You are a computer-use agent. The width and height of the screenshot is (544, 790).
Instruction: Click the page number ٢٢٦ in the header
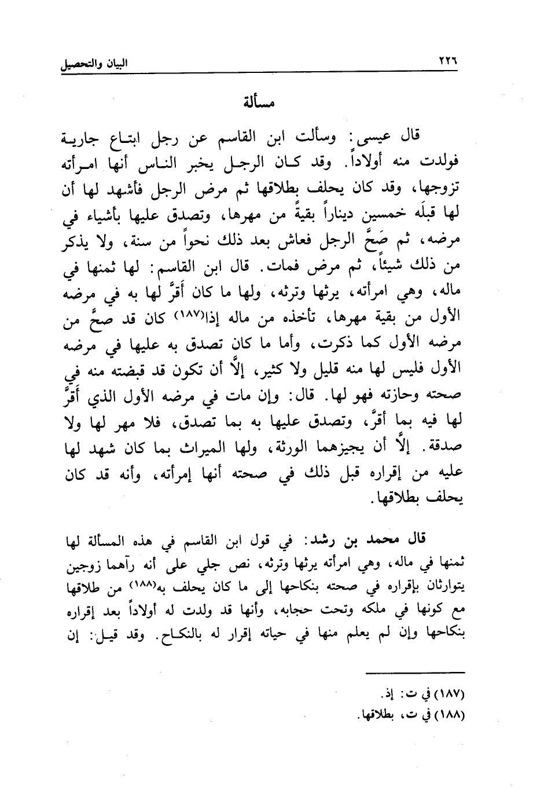444,62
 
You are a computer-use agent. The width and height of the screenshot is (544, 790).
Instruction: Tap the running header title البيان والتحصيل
94,63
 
